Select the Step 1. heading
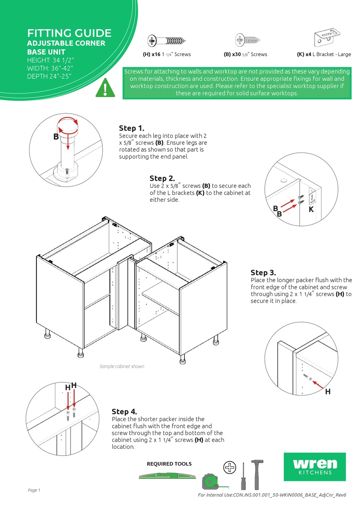[x=131, y=128]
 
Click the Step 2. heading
[x=162, y=178]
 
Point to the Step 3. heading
[x=263, y=273]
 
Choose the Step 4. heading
[x=124, y=412]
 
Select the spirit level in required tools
[x=167, y=476]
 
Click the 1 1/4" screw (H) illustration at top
[x=167, y=41]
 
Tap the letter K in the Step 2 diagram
[x=311, y=209]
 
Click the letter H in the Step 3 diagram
[x=328, y=392]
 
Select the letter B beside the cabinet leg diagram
[x=56, y=137]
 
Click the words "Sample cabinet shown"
[x=122, y=366]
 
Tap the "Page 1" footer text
[x=34, y=490]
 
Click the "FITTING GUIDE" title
[x=69, y=33]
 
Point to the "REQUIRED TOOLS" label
[x=169, y=464]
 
